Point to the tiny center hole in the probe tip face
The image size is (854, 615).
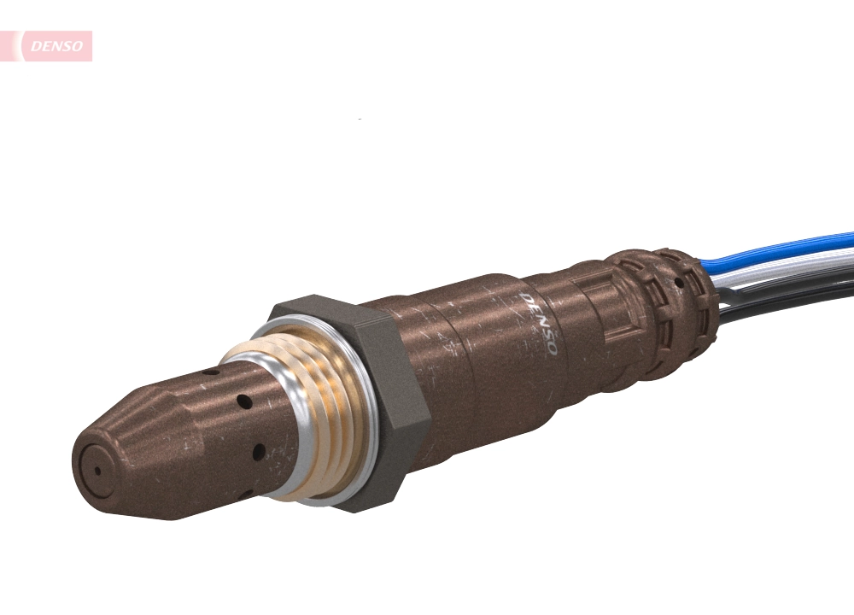click(97, 469)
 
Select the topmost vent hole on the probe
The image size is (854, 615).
click(206, 373)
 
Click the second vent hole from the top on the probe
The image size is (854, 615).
click(244, 401)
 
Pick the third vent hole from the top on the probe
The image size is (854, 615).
click(258, 450)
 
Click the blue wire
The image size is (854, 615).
click(786, 247)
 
